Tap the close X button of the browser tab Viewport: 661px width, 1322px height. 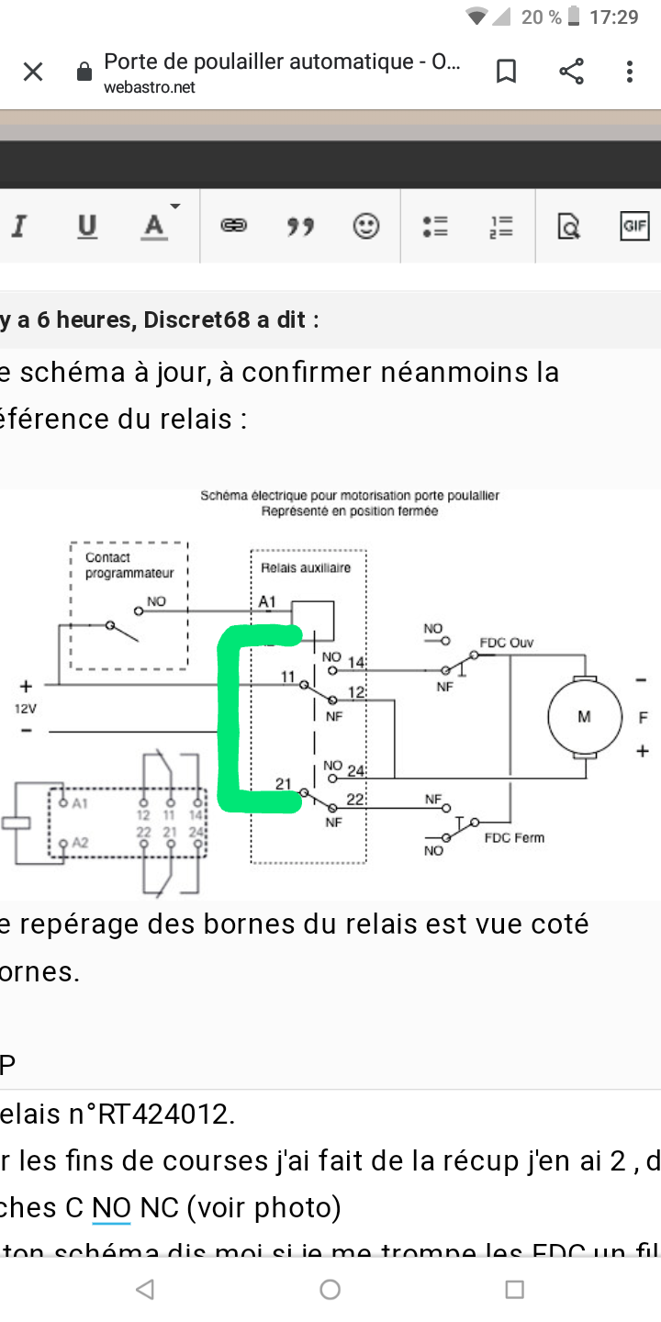click(x=33, y=72)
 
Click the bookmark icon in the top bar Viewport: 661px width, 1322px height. click(x=506, y=72)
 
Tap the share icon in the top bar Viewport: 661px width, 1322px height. click(x=571, y=72)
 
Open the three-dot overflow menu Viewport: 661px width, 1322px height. click(x=630, y=72)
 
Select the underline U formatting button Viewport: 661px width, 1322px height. click(x=87, y=226)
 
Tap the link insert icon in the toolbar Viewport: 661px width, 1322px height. click(x=233, y=226)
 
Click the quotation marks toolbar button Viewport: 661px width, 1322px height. click(x=299, y=226)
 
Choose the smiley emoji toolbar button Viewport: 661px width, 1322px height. click(x=366, y=226)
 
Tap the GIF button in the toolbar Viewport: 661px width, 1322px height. click(x=634, y=226)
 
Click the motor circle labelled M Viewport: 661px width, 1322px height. click(x=584, y=717)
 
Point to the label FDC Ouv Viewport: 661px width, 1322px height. click(x=506, y=643)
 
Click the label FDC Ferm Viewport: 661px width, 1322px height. click(x=514, y=837)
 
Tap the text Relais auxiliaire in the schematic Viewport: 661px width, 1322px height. click(x=306, y=568)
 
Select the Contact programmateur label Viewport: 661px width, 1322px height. click(x=129, y=566)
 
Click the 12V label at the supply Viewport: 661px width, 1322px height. click(x=24, y=708)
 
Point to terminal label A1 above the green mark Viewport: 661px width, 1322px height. click(x=267, y=602)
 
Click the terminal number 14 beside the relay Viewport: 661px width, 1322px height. click(x=356, y=663)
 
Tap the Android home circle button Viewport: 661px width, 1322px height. click(x=330, y=1290)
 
